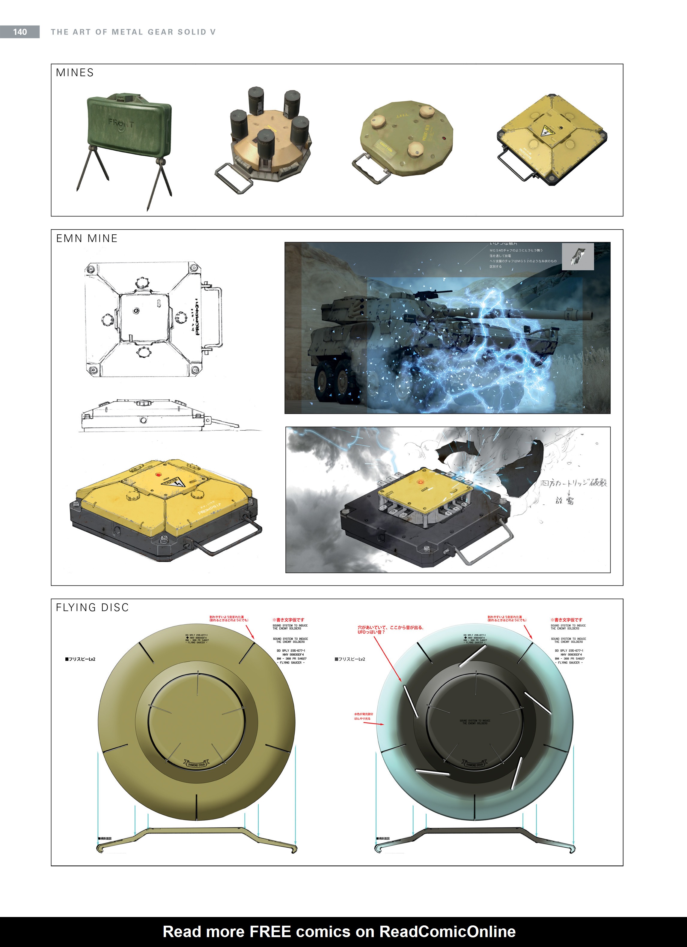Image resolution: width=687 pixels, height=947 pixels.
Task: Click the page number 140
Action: click(19, 32)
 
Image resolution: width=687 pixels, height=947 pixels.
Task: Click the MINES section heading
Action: click(75, 73)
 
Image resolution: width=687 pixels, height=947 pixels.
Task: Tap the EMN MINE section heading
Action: click(87, 239)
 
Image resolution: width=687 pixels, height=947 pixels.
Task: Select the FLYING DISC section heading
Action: click(92, 608)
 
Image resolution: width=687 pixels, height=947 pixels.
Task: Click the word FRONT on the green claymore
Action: click(121, 124)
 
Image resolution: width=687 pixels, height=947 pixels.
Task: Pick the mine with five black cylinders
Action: click(269, 138)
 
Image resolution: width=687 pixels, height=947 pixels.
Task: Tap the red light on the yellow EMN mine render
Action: click(159, 474)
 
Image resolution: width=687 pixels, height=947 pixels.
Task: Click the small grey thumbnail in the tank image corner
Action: click(578, 256)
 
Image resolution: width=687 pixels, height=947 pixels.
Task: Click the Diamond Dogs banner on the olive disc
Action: click(196, 765)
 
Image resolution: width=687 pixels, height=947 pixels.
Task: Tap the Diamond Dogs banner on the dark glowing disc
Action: click(474, 765)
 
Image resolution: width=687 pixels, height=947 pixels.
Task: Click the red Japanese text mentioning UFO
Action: click(390, 630)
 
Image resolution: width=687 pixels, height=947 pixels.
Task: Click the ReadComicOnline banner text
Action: click(339, 932)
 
